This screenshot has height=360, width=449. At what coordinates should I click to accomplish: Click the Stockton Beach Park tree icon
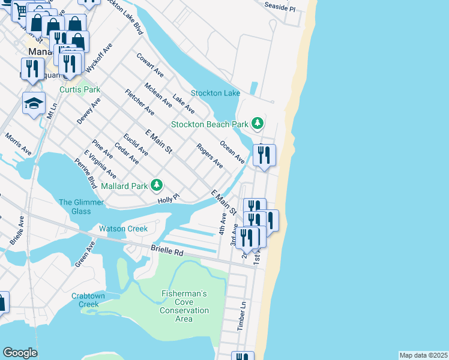258,124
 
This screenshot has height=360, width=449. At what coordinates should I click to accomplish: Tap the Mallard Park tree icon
157,185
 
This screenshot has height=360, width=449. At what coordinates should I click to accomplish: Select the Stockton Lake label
215,93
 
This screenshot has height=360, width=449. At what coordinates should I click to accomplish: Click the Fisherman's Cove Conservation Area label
184,306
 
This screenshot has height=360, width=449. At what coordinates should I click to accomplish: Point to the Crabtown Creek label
88,300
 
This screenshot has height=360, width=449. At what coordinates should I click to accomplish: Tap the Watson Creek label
123,229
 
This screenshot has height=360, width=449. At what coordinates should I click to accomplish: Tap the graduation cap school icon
34,103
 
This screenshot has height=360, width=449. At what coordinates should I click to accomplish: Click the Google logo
20,353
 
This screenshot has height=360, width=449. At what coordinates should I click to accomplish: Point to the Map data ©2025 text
423,355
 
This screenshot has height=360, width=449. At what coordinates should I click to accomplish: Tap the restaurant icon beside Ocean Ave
264,155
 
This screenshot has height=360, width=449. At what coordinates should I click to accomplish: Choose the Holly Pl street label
168,198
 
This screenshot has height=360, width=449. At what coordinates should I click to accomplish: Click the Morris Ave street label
17,145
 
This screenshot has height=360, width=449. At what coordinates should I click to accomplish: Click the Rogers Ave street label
209,155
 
